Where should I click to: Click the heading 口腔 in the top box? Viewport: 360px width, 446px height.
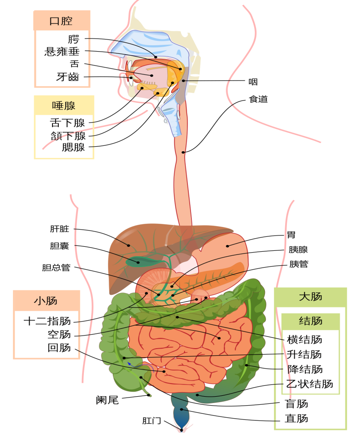coord(61,21)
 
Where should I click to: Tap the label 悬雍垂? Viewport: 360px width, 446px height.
coord(62,52)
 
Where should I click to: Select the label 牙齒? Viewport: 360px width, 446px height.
coord(68,77)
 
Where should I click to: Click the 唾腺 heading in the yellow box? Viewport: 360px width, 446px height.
coord(64,105)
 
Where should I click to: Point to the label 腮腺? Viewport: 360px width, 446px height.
coord(74,147)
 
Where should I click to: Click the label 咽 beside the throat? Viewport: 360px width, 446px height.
coord(253,82)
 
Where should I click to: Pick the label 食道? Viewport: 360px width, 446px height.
coord(258,99)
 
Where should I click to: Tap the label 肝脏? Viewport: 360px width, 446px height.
coord(60,229)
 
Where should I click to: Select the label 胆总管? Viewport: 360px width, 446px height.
coord(56,267)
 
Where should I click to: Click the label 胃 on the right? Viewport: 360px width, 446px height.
coord(291,235)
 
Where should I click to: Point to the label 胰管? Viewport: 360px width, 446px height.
coord(299,264)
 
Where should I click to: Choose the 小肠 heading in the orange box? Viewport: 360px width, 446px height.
coord(46,301)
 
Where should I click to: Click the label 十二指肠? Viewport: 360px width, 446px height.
coord(47,321)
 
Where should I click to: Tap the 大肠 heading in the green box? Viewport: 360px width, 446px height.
coord(311,297)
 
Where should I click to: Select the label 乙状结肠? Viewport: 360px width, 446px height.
coord(310,384)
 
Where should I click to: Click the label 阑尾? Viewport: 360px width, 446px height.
coord(107,400)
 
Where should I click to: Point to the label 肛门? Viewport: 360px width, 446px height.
coord(152,420)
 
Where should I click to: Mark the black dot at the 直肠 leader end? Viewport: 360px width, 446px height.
coord(182,409)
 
